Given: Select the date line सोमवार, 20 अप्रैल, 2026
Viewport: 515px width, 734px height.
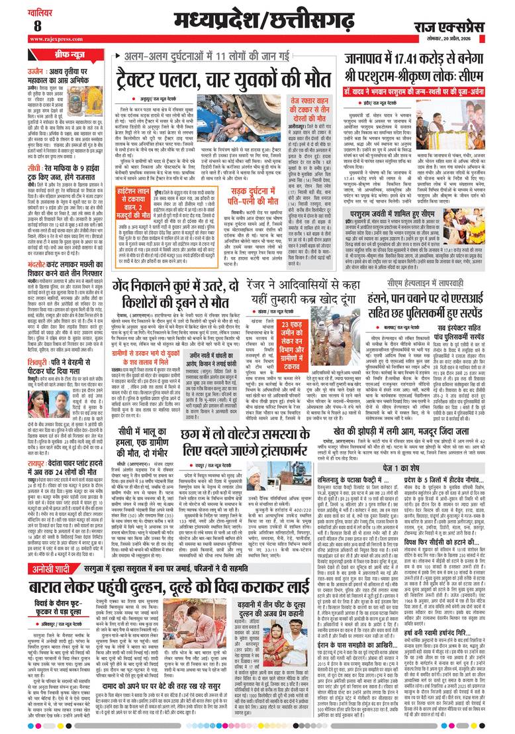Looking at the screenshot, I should pos(476,40).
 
